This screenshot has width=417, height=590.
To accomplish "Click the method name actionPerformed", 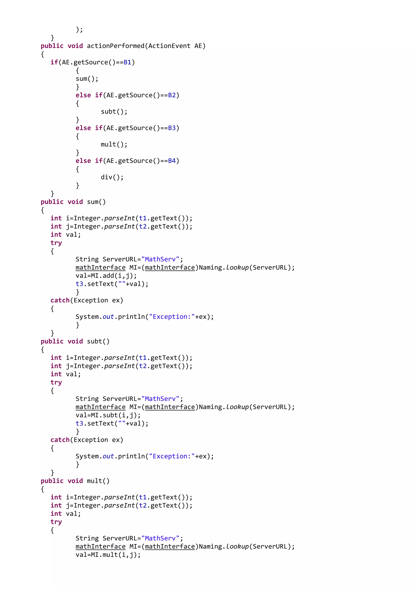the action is click(x=115, y=46).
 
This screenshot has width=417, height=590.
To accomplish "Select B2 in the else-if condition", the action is click(x=172, y=95).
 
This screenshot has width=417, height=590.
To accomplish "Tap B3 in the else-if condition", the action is click(x=172, y=128).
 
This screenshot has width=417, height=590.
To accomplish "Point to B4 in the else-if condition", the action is click(x=172, y=161).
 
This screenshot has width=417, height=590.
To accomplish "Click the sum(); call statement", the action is click(x=87, y=79).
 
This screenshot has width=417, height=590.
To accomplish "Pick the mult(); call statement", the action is click(x=114, y=144).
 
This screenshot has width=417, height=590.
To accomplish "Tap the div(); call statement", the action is click(x=112, y=177).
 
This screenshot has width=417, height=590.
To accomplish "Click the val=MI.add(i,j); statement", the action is click(x=106, y=276).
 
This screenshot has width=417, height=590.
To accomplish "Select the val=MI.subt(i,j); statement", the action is click(x=108, y=415).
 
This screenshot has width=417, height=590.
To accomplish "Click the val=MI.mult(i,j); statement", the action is click(x=108, y=555).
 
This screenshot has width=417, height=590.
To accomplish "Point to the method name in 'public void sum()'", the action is click(x=93, y=202).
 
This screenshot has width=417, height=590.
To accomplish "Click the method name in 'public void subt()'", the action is click(x=95, y=341).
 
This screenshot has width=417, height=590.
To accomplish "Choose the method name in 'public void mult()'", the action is click(x=95, y=481).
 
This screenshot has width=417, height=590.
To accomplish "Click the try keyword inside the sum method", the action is click(x=56, y=243).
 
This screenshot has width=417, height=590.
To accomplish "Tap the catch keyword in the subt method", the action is click(x=60, y=440).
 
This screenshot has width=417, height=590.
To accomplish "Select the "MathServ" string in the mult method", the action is click(x=160, y=538).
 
